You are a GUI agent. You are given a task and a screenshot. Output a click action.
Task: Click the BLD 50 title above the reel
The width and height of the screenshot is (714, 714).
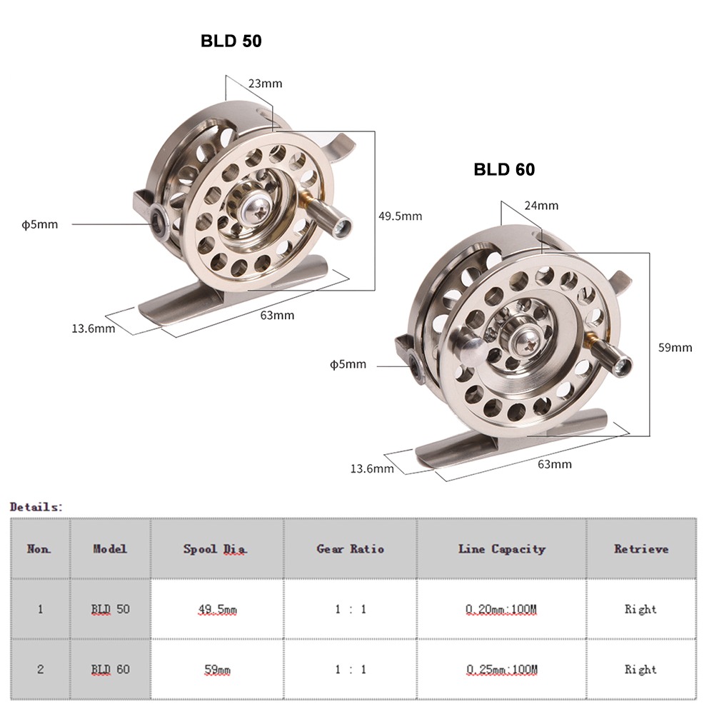[231, 41]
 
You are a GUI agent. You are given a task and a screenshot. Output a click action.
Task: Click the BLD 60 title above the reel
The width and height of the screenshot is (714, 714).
[504, 169]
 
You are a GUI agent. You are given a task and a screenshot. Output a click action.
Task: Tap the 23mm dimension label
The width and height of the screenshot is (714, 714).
[265, 84]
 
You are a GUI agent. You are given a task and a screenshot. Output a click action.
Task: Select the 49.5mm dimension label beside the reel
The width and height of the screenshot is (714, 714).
[400, 216]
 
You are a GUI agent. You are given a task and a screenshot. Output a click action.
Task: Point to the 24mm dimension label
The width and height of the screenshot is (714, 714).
[540, 206]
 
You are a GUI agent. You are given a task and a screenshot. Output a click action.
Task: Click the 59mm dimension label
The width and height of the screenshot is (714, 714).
[675, 348]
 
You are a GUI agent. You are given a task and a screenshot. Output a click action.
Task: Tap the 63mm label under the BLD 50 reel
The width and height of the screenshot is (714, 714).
[277, 315]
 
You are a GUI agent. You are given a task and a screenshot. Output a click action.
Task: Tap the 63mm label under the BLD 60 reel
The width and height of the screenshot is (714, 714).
[554, 464]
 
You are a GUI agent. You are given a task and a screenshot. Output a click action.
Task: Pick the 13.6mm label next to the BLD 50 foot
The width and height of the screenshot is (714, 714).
[93, 328]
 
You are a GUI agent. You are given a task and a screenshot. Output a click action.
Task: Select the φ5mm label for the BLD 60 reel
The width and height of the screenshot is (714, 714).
[348, 365]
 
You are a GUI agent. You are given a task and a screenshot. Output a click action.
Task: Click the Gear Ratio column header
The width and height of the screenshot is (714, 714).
[350, 548]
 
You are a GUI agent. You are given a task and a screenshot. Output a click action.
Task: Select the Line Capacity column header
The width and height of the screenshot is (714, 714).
[501, 548]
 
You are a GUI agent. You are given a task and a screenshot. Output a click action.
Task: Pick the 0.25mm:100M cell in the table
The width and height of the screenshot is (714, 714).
[501, 670]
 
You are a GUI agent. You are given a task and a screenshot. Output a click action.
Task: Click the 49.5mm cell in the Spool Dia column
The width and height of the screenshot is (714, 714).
[217, 609]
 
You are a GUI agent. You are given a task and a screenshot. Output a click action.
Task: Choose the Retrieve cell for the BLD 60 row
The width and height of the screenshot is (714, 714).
[640, 670]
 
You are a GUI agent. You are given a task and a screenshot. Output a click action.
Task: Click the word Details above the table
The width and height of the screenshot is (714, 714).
[36, 506]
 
